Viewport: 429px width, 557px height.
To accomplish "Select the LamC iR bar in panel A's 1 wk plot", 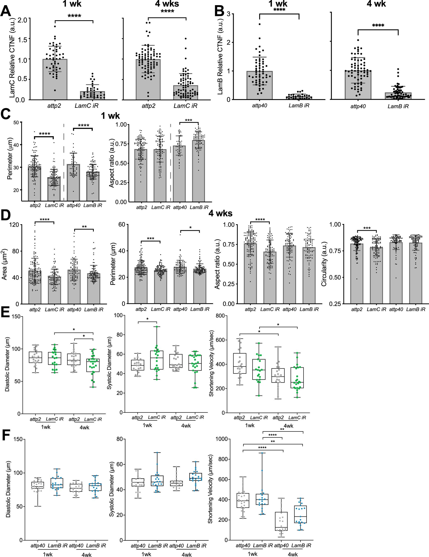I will (92, 95).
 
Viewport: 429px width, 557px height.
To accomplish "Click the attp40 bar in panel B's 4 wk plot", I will (358, 85).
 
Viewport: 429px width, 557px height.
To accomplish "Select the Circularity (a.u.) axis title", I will (324, 264).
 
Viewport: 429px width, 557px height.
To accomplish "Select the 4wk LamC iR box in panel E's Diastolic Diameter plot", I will (93, 365).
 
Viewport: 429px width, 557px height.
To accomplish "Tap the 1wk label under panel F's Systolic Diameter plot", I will (146, 554).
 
